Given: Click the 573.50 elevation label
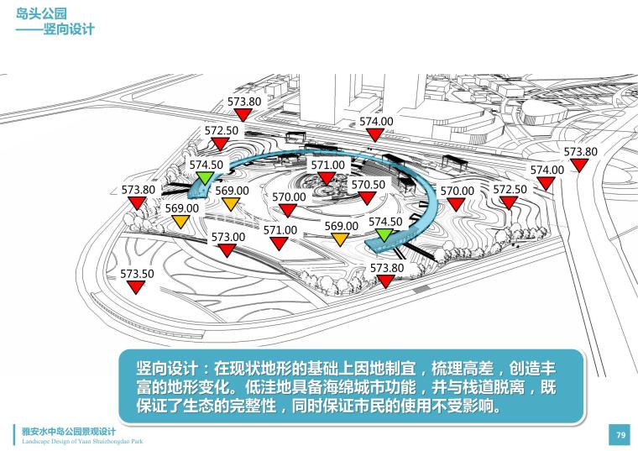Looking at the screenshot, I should tap(137, 274).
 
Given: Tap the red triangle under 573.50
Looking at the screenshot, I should tap(136, 287).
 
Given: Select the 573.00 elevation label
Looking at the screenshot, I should tap(227, 237).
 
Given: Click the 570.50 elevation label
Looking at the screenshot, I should tap(368, 184).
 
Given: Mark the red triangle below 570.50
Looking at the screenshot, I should tap(367, 197).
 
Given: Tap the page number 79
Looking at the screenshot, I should tap(620, 434).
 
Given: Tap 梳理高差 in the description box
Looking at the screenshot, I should tap(466, 370).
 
